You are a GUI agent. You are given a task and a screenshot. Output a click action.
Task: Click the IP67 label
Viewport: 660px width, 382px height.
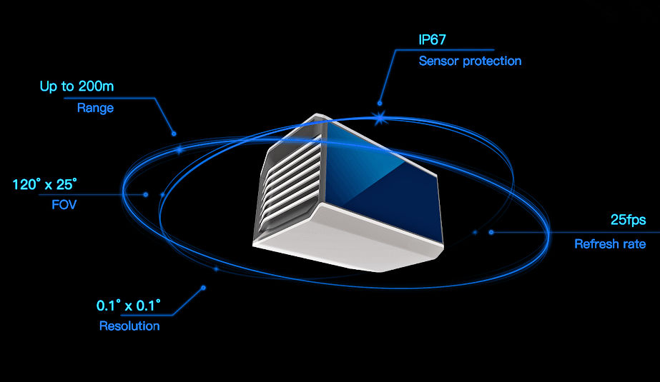pyautogui.click(x=432, y=39)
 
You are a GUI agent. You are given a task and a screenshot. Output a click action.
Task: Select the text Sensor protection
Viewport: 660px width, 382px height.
pyautogui.click(x=471, y=61)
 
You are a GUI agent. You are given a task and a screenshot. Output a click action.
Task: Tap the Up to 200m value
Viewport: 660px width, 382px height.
pyautogui.click(x=77, y=86)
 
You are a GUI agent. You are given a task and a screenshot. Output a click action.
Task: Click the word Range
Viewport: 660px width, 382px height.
pyautogui.click(x=95, y=108)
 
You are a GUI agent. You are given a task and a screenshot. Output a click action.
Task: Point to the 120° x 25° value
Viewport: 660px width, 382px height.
pyautogui.click(x=44, y=184)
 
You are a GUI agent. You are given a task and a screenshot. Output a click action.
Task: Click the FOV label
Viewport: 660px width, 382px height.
pyautogui.click(x=64, y=205)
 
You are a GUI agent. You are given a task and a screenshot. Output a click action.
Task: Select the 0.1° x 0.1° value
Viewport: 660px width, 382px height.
pyautogui.click(x=129, y=306)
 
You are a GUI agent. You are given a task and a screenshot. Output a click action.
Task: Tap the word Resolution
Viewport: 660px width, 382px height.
pyautogui.click(x=129, y=326)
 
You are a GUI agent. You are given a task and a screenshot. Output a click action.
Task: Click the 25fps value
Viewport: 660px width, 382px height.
pyautogui.click(x=628, y=220)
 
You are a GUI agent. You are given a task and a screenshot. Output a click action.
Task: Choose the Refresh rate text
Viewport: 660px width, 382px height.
pyautogui.click(x=610, y=243)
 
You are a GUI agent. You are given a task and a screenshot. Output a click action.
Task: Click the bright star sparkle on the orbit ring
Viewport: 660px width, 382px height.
pyautogui.click(x=380, y=118)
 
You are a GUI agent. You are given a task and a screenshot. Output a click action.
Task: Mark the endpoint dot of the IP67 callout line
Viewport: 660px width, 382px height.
pyautogui.click(x=380, y=103)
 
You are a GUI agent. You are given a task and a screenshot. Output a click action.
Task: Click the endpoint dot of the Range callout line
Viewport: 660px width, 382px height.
pyautogui.click(x=174, y=134)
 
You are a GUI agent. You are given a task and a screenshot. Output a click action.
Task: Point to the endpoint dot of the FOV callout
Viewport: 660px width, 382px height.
pyautogui.click(x=146, y=195)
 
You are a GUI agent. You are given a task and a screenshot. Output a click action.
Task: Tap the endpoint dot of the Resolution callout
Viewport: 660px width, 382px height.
pyautogui.click(x=203, y=288)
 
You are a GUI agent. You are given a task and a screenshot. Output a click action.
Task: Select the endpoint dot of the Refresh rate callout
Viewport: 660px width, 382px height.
pyautogui.click(x=491, y=232)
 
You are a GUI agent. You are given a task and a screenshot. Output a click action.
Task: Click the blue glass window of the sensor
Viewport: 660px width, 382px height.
pyautogui.click(x=379, y=185)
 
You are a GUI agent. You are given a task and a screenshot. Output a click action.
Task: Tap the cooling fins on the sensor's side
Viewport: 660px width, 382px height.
pyautogui.click(x=290, y=181)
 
